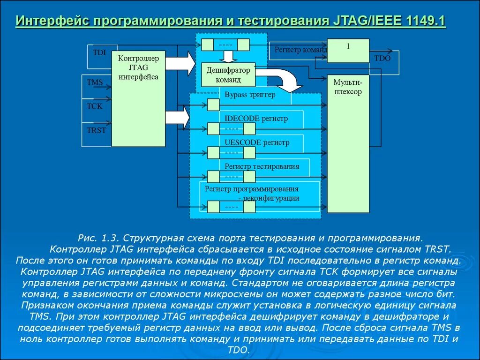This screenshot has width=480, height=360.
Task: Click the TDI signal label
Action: point(99,52)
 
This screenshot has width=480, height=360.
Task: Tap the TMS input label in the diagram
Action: point(95,82)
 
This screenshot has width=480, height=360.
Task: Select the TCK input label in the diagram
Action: point(94,106)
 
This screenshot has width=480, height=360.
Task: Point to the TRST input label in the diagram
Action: point(97,130)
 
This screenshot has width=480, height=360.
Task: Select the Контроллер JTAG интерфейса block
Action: point(138,98)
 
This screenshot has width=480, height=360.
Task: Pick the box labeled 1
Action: point(348,51)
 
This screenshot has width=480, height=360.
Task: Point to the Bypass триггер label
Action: point(250,95)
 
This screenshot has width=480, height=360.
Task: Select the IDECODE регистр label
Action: point(256,119)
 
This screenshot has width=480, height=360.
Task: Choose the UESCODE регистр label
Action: point(257,142)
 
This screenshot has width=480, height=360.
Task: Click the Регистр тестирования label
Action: point(262,166)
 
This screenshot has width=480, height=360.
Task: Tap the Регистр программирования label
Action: point(252,189)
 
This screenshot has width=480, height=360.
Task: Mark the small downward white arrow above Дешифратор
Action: point(228,56)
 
